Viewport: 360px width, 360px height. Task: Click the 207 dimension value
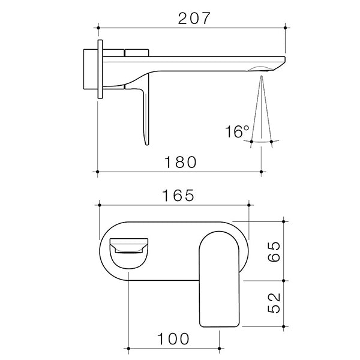(x=194, y=18)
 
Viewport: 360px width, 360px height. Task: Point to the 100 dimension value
(x=175, y=338)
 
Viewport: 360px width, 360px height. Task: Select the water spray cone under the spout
(x=262, y=108)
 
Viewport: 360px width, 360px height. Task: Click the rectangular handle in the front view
(x=220, y=279)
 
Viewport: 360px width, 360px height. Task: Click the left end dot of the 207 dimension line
(x=98, y=27)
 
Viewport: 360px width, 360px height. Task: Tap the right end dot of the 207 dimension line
(x=287, y=27)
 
